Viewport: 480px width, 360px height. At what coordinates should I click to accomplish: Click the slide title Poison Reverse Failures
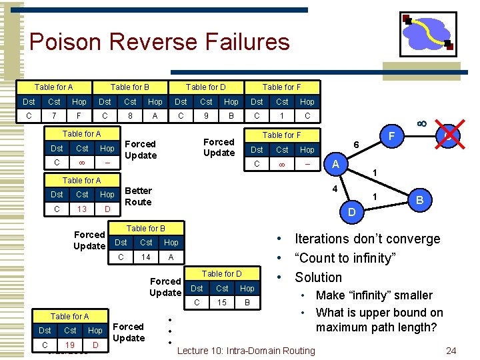159,42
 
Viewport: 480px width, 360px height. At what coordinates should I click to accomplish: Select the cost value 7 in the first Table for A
54,115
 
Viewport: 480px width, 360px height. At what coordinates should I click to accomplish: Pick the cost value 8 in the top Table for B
130,115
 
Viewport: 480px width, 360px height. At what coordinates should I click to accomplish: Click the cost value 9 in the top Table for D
206,115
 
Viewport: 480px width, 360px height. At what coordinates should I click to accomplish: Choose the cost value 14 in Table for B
146,256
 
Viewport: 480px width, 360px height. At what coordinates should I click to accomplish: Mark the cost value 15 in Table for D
222,302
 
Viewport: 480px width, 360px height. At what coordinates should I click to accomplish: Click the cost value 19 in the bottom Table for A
70,345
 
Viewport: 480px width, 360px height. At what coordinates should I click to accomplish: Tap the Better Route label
138,196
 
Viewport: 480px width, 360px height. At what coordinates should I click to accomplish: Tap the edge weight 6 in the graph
356,145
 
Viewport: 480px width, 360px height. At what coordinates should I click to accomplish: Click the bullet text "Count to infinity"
345,258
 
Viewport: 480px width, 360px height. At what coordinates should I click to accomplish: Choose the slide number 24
451,351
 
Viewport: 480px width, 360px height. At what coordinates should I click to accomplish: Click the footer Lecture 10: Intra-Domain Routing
246,351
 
